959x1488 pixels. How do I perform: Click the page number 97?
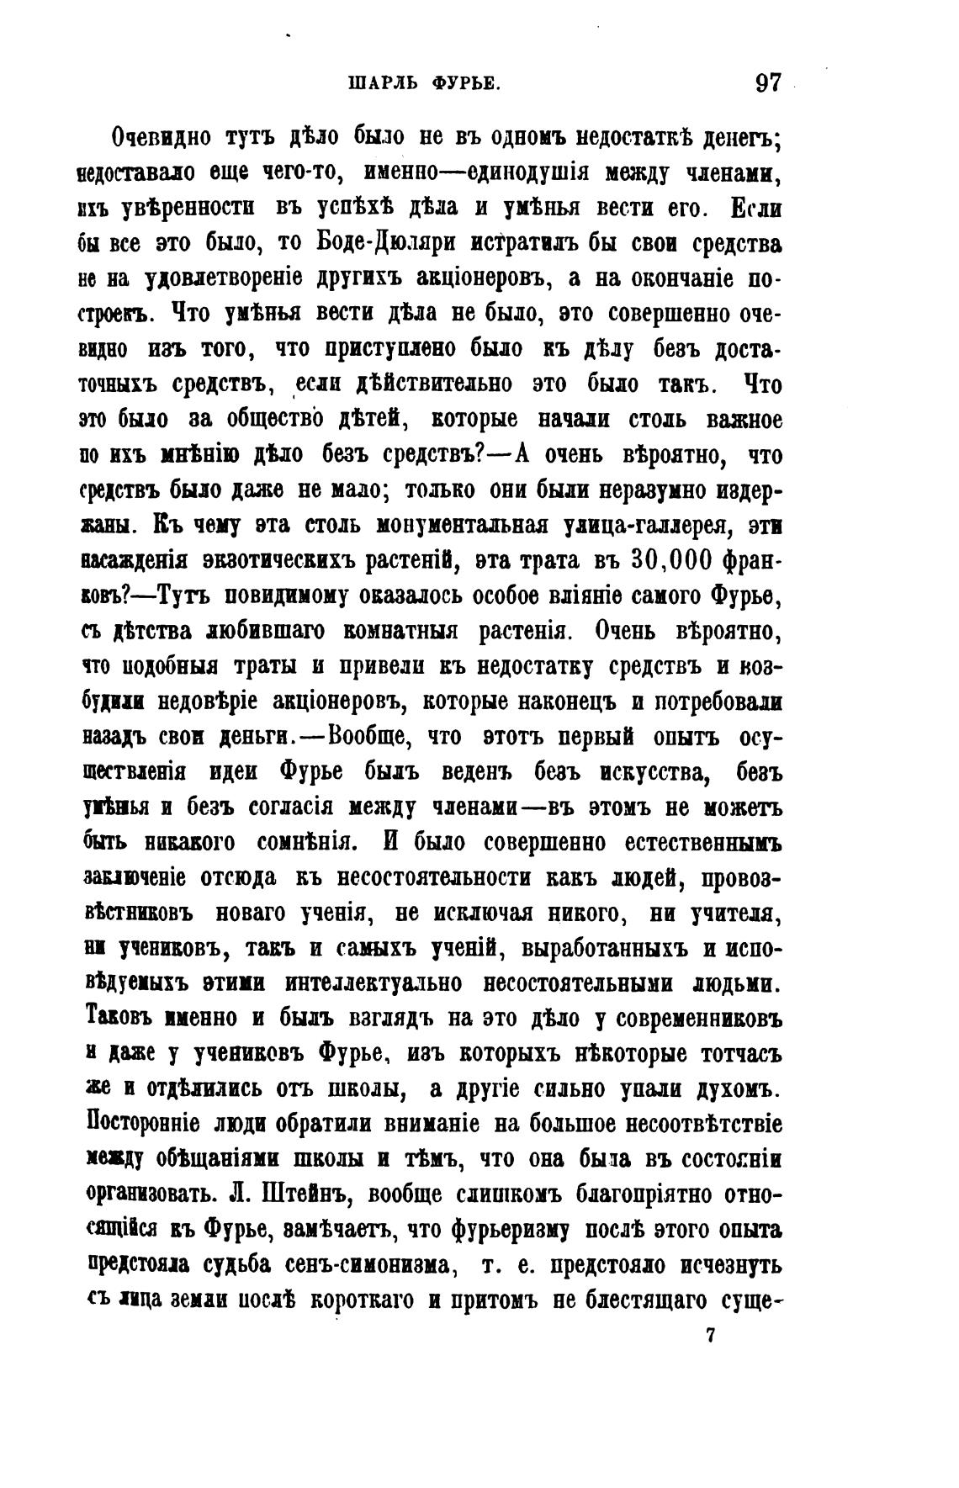click(x=768, y=83)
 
